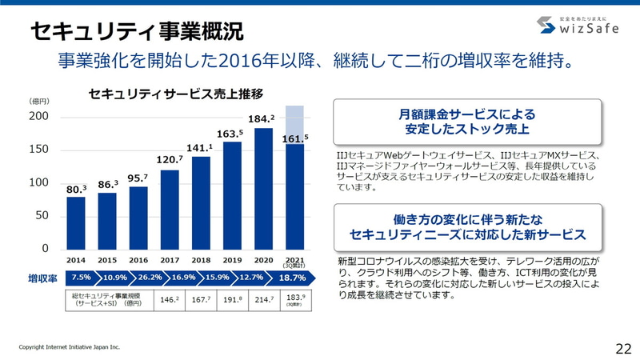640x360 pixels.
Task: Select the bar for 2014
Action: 76,222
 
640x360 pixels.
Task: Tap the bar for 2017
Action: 170,209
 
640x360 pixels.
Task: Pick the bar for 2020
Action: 263,188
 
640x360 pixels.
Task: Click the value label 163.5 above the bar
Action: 231,134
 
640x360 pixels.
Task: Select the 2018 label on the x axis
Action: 201,260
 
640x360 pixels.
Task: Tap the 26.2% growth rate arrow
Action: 150,278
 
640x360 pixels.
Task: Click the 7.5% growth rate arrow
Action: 81,278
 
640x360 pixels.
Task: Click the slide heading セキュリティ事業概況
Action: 137,31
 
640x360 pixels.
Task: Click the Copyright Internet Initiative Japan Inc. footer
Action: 70,347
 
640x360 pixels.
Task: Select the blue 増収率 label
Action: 43,278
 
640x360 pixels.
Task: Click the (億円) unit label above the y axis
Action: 40,102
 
